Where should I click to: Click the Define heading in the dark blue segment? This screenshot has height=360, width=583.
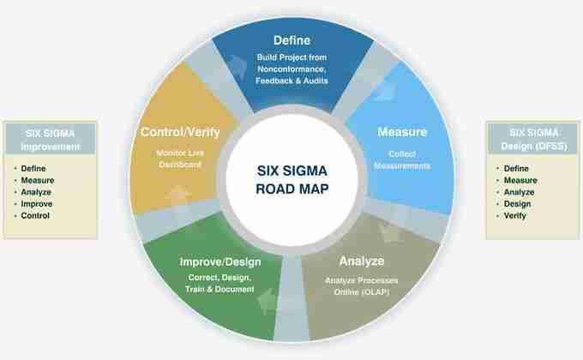click(291, 40)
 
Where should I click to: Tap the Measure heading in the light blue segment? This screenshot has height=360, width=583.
click(403, 133)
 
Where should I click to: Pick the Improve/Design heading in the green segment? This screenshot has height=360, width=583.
click(220, 261)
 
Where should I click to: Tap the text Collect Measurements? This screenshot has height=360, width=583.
click(402, 159)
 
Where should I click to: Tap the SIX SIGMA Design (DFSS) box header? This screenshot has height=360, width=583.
click(528, 139)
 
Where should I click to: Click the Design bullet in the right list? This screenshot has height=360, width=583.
click(517, 204)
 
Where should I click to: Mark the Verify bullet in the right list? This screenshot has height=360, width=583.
click(516, 216)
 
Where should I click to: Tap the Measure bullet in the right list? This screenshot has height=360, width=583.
click(521, 180)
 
